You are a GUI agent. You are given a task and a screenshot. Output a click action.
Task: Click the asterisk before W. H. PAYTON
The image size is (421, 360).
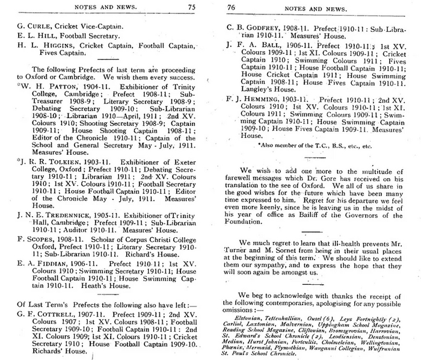tap(18, 85)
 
